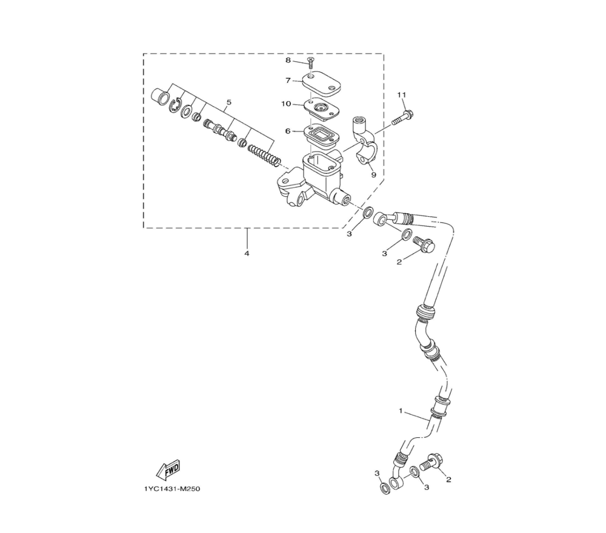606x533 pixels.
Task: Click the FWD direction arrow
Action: point(168,469)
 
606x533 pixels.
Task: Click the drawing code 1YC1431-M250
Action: point(172,489)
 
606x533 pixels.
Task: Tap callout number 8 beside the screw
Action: point(288,60)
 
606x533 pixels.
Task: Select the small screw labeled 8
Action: point(310,62)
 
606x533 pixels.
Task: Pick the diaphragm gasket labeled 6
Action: point(321,134)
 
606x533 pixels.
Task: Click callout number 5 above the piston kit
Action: point(229,102)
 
